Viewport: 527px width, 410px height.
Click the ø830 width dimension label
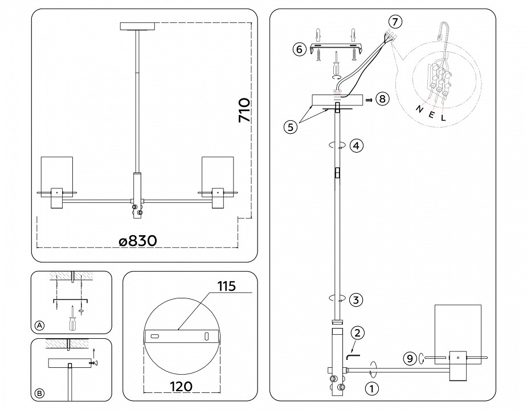click(x=137, y=241)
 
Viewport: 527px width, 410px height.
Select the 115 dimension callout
click(x=226, y=286)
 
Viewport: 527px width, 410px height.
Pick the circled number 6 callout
click(x=299, y=49)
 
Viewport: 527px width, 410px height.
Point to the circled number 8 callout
click(x=382, y=99)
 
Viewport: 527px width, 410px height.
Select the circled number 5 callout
click(x=291, y=127)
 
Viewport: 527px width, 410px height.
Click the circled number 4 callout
click(x=356, y=145)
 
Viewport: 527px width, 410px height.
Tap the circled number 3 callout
click(x=356, y=300)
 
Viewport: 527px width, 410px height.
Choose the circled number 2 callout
click(x=357, y=334)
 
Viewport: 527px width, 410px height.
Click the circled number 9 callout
click(x=409, y=358)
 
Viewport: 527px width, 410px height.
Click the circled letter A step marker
click(x=39, y=326)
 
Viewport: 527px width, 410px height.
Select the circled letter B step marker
click(x=39, y=392)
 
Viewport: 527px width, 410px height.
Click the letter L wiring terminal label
click(x=444, y=119)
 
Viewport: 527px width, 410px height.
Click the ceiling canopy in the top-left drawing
click(x=137, y=26)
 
